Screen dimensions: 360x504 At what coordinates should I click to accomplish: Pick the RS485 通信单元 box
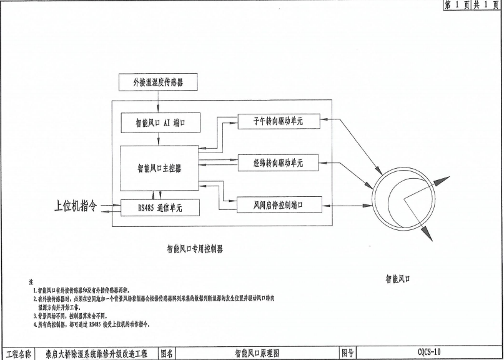(x=160, y=207)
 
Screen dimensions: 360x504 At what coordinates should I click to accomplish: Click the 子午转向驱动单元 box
(x=278, y=121)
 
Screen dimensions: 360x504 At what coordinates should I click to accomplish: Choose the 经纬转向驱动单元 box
(x=278, y=162)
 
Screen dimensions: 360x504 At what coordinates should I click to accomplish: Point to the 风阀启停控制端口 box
(x=279, y=204)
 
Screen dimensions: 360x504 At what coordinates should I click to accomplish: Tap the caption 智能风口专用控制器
(x=195, y=249)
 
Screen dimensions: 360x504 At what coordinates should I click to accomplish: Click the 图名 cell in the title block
(x=169, y=353)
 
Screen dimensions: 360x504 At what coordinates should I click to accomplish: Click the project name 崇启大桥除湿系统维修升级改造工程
(x=96, y=353)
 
